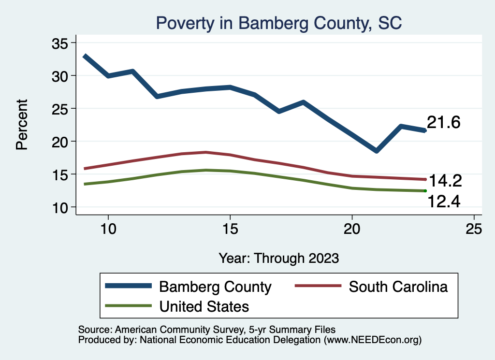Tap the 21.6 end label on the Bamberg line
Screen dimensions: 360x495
pyautogui.click(x=443, y=123)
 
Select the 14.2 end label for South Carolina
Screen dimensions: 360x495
pyautogui.click(x=445, y=181)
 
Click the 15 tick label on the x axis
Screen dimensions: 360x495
pyautogui.click(x=230, y=229)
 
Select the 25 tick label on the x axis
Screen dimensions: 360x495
pyautogui.click(x=474, y=229)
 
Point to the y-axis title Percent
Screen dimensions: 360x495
pyautogui.click(x=22, y=125)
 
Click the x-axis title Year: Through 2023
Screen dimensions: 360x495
pyautogui.click(x=278, y=258)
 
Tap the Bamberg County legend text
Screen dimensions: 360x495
pyautogui.click(x=215, y=287)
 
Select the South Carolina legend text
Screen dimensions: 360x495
pyautogui.click(x=398, y=287)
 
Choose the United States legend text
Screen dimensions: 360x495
pyautogui.click(x=204, y=306)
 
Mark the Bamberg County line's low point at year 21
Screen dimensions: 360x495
pyautogui.click(x=376, y=151)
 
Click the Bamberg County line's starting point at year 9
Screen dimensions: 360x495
pyautogui.click(x=85, y=56)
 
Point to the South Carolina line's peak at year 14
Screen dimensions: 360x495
pyautogui.click(x=206, y=152)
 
